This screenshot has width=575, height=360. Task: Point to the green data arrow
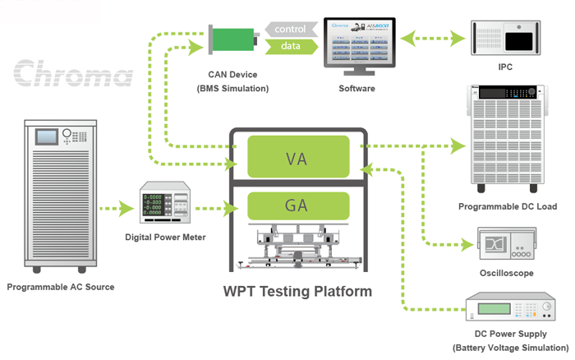290,47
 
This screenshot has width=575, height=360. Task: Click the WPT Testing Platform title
297,292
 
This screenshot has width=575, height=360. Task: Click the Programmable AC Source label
61,287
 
